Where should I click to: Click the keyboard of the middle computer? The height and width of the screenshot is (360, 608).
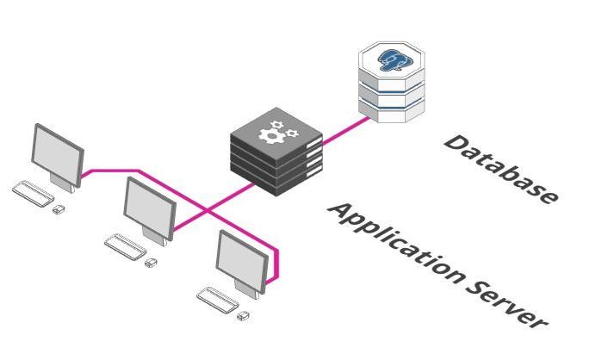point(124,245)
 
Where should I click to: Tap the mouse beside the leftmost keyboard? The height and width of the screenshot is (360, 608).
point(59,208)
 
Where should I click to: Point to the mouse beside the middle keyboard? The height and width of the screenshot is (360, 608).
point(152,262)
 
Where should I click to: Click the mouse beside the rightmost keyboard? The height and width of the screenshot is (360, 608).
point(244,316)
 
